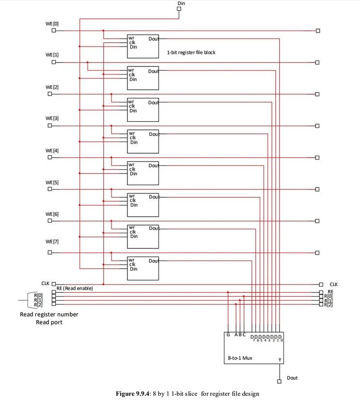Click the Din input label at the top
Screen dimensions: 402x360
[x=181, y=3]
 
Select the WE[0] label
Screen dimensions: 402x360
[x=52, y=24]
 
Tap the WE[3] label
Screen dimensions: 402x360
[x=52, y=118]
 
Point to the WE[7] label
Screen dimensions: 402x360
[x=52, y=241]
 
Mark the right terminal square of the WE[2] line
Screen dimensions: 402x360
[x=317, y=94]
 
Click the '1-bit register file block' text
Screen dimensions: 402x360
[x=191, y=52]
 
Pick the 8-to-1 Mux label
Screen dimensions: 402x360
[x=240, y=358]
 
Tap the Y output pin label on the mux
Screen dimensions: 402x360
[x=280, y=360]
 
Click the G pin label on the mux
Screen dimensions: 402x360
[x=228, y=335]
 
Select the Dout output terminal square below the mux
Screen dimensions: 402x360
[x=279, y=381]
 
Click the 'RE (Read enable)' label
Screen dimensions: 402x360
[x=75, y=288]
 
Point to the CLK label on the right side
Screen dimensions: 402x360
[x=333, y=285]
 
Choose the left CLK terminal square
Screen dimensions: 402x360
[x=54, y=284]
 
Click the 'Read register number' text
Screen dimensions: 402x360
[x=49, y=314]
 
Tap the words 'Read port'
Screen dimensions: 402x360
[x=49, y=322]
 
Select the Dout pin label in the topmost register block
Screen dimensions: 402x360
[x=153, y=39]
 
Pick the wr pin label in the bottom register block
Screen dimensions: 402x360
[x=131, y=260]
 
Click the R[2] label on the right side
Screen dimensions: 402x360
[x=329, y=305]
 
